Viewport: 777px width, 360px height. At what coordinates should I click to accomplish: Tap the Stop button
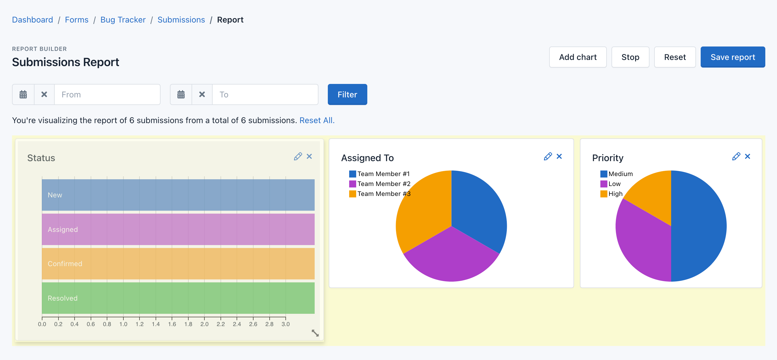click(x=630, y=57)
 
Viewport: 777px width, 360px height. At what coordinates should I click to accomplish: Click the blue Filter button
click(x=347, y=94)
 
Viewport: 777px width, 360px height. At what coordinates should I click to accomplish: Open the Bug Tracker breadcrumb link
click(x=123, y=20)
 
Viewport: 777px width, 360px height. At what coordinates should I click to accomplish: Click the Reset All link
click(x=317, y=120)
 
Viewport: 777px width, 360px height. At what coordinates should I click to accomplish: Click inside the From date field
click(x=107, y=94)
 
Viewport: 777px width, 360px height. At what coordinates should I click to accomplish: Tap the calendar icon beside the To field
click(x=181, y=94)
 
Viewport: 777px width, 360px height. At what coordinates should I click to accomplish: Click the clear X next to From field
click(x=44, y=94)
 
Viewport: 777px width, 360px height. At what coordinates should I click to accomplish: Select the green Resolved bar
click(x=178, y=298)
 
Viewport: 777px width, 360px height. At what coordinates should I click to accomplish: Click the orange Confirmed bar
click(x=178, y=263)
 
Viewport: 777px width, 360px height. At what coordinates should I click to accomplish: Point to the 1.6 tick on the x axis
click(x=172, y=324)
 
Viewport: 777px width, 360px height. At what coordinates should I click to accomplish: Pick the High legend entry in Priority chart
click(x=615, y=194)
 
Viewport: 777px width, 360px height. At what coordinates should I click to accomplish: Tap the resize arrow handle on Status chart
click(x=315, y=333)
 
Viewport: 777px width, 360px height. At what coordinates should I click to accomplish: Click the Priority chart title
click(x=607, y=158)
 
